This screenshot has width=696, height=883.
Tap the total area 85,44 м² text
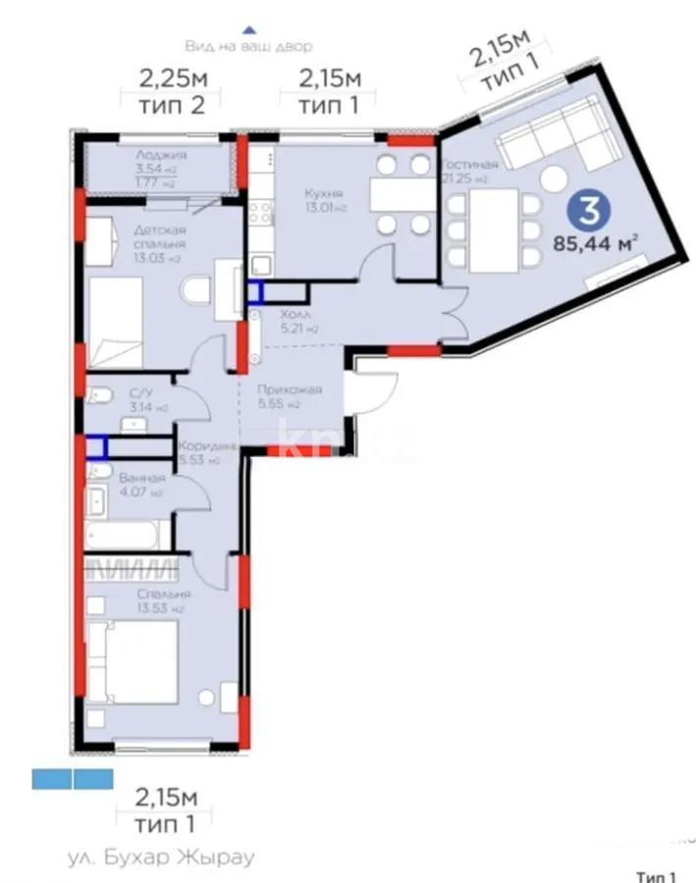pyautogui.click(x=600, y=241)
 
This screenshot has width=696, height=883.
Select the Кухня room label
pyautogui.click(x=322, y=193)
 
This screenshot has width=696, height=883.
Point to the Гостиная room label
pyautogui.click(x=469, y=165)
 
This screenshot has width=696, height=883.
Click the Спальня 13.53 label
pyautogui.click(x=165, y=595)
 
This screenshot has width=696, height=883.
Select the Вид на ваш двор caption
pyautogui.click(x=248, y=46)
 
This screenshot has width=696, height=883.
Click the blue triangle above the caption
pyautogui.click(x=249, y=30)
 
